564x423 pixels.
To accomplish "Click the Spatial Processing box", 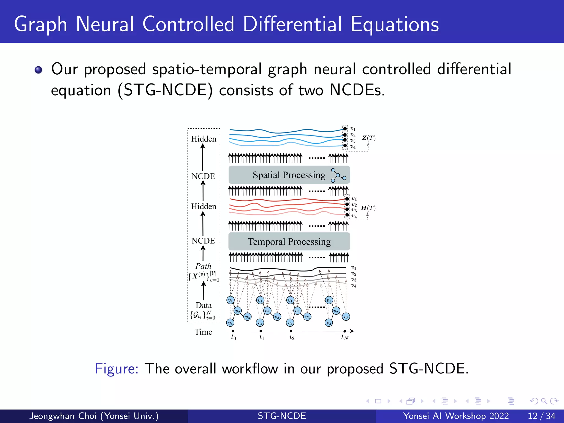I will (x=289, y=175).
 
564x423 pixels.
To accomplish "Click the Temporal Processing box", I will (x=289, y=242).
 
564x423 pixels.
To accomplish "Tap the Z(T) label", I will (x=369, y=138).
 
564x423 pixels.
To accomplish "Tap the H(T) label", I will (x=368, y=208).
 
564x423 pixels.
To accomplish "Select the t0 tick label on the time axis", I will (x=233, y=337).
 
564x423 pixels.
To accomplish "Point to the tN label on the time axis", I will (x=345, y=337).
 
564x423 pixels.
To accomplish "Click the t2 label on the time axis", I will (x=292, y=337).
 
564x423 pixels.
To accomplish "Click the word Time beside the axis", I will (x=203, y=332).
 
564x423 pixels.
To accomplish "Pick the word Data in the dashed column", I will (x=204, y=305).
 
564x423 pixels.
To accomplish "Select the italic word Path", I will (x=203, y=266).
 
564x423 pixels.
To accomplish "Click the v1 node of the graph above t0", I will (x=231, y=300).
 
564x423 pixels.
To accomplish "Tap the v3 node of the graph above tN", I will (x=346, y=317).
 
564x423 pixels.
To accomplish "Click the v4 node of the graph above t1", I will (x=260, y=323).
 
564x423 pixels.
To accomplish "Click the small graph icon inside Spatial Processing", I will (x=338, y=175).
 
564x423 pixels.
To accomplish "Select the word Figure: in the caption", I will (x=116, y=368).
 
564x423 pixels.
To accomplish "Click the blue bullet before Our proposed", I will (x=39, y=70).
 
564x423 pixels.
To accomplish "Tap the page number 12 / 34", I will (x=541, y=416).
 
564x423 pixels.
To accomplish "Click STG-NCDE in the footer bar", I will (x=282, y=416).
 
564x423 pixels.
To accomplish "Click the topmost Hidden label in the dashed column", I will (x=204, y=139).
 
